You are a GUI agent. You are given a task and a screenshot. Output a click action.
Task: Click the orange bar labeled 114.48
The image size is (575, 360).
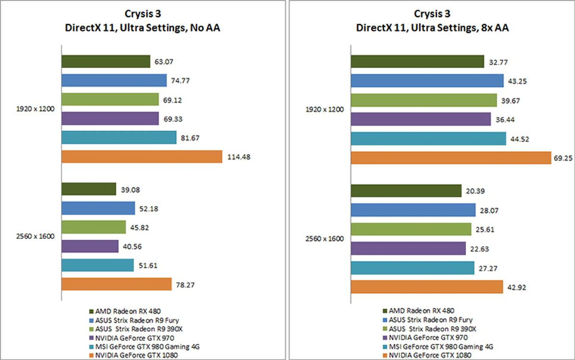(142, 157)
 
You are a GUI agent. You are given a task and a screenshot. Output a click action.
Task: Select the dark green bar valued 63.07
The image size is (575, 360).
(106, 61)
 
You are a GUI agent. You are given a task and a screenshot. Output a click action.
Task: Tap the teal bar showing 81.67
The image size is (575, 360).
(119, 137)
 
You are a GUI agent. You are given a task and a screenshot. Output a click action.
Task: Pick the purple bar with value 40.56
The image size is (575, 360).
(90, 246)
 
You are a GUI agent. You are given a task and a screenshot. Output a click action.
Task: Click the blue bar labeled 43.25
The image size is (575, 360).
(427, 81)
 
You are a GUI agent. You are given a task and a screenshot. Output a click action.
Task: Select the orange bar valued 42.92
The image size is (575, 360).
(427, 287)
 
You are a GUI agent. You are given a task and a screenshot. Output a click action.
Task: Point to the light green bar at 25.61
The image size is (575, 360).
(411, 229)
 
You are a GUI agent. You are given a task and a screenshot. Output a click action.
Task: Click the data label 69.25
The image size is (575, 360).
(563, 158)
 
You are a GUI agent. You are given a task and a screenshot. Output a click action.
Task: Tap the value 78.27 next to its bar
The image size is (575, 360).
(185, 285)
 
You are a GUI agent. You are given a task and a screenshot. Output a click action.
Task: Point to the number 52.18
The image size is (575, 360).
(149, 209)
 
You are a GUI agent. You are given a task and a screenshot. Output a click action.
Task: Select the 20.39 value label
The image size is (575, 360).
(475, 191)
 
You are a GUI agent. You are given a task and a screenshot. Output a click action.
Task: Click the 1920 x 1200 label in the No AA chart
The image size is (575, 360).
(35, 109)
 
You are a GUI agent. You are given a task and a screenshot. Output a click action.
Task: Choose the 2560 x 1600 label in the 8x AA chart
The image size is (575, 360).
(324, 239)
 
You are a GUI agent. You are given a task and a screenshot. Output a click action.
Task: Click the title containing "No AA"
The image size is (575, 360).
(143, 28)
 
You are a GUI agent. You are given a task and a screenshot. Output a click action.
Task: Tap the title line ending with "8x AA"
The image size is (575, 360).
(432, 28)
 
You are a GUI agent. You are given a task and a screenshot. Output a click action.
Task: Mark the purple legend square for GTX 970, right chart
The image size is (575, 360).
(385, 338)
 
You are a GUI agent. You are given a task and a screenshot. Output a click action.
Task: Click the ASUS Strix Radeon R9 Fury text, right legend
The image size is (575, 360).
(431, 320)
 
